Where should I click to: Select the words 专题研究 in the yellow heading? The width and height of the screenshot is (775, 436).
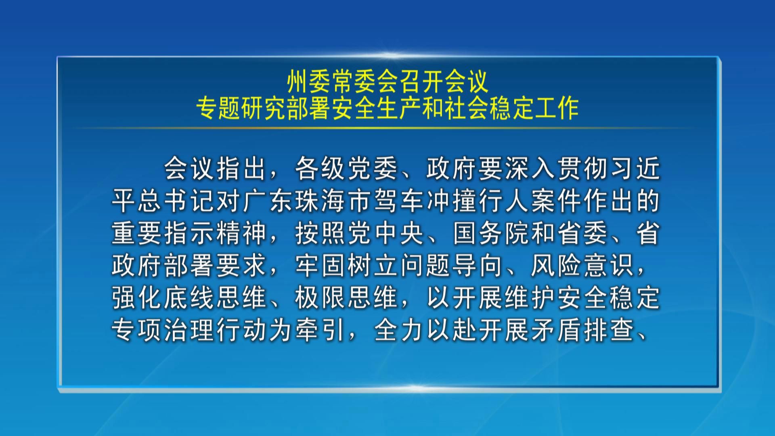click(x=241, y=108)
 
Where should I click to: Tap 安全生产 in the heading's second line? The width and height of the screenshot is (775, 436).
click(x=376, y=108)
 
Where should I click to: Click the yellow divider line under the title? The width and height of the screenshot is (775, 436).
click(x=387, y=128)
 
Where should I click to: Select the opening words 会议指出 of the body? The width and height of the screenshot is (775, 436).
click(x=216, y=168)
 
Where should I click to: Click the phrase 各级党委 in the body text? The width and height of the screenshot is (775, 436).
click(x=347, y=168)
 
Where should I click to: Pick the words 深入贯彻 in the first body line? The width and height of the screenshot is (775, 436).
click(x=557, y=168)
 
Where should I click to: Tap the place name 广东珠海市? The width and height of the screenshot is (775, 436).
click(x=307, y=201)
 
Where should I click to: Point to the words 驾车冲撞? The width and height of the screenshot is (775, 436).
click(x=426, y=201)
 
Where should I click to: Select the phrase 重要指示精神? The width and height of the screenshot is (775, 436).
click(x=189, y=234)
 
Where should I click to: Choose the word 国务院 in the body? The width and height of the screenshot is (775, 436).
click(x=491, y=234)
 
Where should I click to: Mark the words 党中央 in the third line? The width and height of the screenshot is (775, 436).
click(x=386, y=234)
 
